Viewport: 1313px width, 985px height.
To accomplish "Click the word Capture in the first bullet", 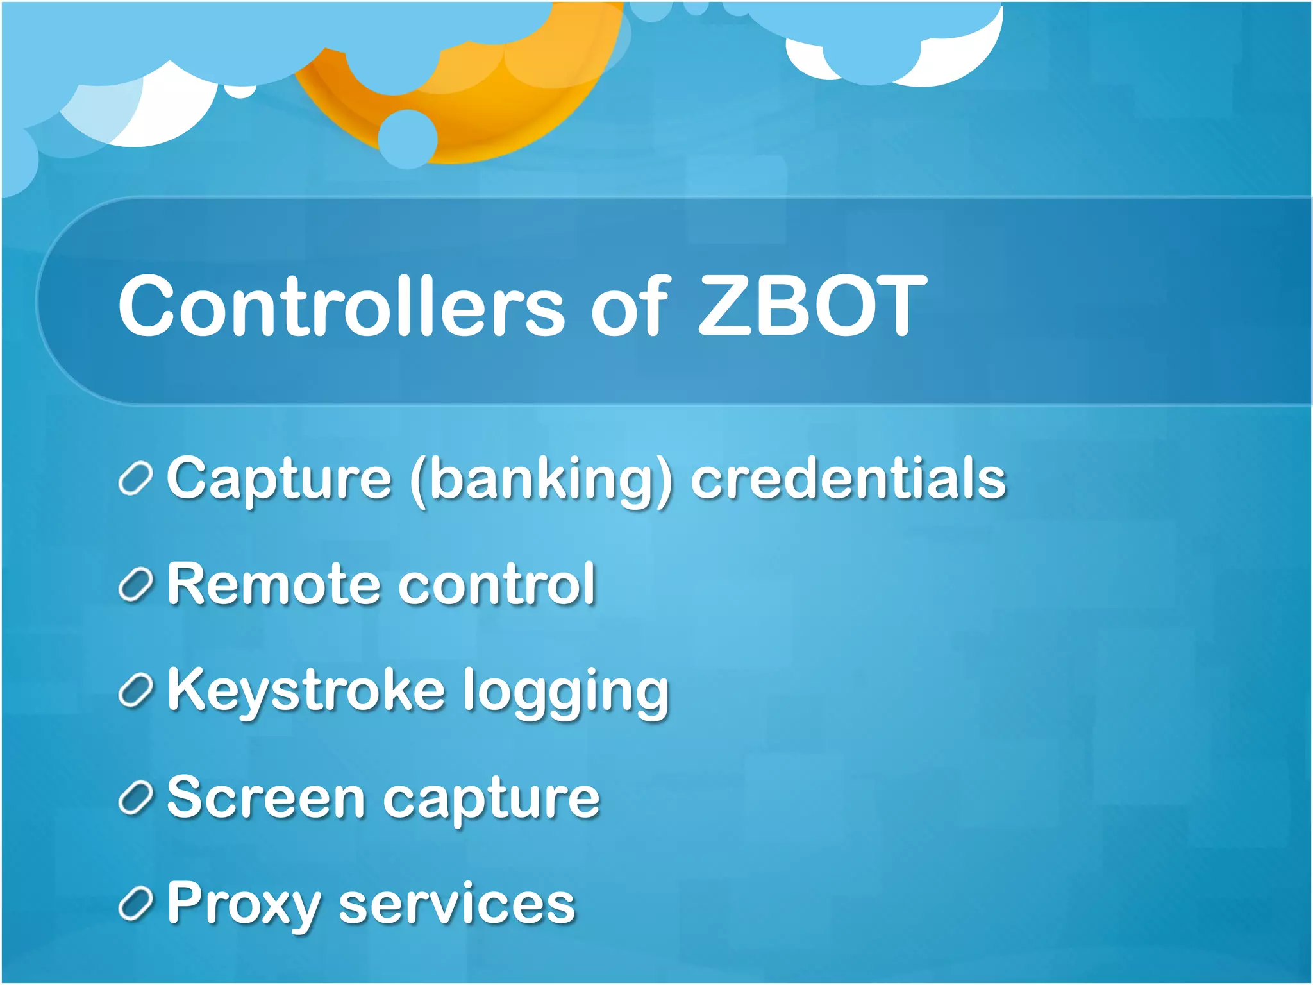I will click(x=279, y=479).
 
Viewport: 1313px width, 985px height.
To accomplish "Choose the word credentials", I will click(x=848, y=479).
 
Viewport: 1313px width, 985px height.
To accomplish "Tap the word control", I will click(x=498, y=584).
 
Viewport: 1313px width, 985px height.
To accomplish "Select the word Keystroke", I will click(x=306, y=691).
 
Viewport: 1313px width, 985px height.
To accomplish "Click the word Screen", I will click(x=265, y=798).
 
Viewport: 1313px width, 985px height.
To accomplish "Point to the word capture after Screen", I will click(x=491, y=800).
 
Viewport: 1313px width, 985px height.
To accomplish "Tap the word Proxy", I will click(x=244, y=904).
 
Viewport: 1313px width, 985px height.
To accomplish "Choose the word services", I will click(x=456, y=904).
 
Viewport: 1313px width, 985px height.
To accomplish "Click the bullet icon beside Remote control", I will click(x=135, y=585).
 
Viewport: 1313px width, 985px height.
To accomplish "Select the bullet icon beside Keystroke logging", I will click(x=135, y=691).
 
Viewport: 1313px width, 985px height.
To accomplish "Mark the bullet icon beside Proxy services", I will click(x=135, y=904).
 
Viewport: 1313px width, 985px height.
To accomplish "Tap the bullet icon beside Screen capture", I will click(x=135, y=798).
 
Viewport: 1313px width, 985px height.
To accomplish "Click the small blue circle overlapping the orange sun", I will click(x=408, y=139).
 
